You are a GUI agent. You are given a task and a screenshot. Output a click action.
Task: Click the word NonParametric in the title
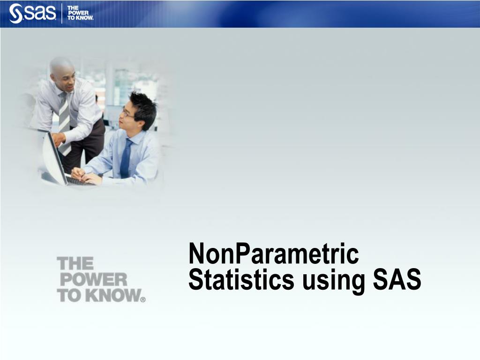click(273, 255)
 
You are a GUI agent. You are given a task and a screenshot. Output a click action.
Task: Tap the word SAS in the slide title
click(397, 280)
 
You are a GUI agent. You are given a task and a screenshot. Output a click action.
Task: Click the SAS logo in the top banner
click(33, 13)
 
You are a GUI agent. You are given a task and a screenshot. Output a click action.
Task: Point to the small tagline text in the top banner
click(80, 13)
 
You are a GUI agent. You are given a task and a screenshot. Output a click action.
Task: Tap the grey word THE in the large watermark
click(75, 263)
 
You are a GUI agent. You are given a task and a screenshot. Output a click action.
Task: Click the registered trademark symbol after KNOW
click(143, 300)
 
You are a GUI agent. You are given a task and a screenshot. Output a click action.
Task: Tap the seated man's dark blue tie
click(126, 159)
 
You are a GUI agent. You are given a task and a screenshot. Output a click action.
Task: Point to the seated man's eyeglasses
click(127, 113)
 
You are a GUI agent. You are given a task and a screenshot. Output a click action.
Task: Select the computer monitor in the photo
click(53, 159)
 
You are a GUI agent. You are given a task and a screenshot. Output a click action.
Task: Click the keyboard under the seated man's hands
click(80, 180)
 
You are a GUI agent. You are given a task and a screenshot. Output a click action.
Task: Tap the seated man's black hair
click(143, 105)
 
